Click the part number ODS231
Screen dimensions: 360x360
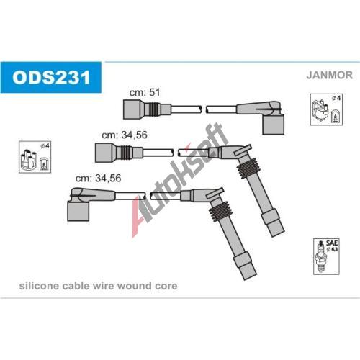click(x=51, y=77)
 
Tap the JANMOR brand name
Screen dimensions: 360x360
click(x=329, y=75)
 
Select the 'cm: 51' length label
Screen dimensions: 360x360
click(x=145, y=92)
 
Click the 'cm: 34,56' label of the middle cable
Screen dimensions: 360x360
click(x=125, y=135)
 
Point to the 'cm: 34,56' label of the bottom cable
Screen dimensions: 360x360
click(x=98, y=178)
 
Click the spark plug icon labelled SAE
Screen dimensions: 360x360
click(x=326, y=256)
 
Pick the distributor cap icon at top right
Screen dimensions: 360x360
click(x=326, y=109)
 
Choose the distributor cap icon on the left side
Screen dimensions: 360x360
click(x=35, y=157)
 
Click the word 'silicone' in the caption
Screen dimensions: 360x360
click(x=39, y=286)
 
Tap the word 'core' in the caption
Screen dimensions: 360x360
click(x=166, y=286)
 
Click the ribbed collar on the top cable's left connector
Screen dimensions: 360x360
click(x=153, y=109)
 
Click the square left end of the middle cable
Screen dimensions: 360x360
click(x=104, y=153)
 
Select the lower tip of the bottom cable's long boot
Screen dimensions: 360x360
click(x=250, y=276)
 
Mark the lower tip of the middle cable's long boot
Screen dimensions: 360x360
click(x=278, y=233)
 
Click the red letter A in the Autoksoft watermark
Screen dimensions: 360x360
click(x=139, y=217)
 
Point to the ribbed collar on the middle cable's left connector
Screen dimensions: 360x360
click(x=126, y=153)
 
